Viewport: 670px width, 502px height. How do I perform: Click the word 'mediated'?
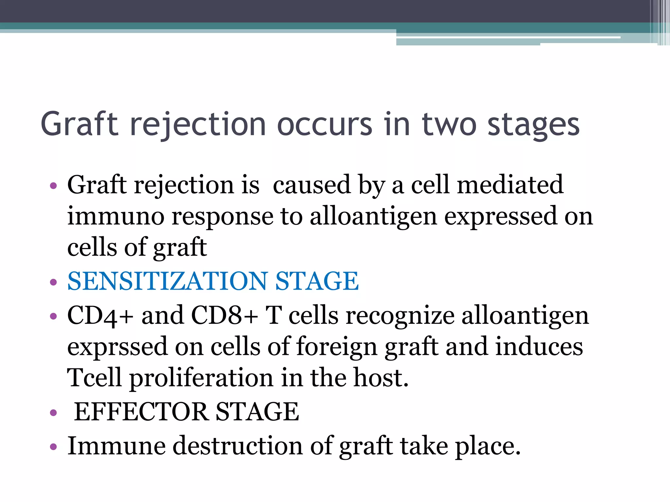(510, 185)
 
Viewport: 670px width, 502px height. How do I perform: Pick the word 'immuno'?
(115, 216)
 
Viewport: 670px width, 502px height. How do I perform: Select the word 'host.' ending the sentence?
(381, 377)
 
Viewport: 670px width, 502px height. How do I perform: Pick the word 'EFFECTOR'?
(141, 411)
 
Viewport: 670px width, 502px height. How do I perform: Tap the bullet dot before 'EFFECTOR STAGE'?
(53, 412)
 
